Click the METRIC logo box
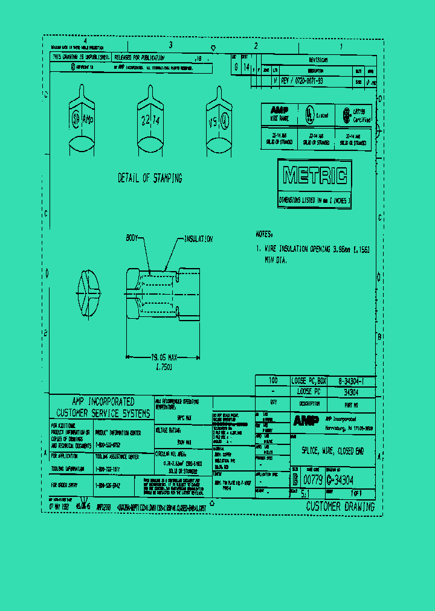(315, 176)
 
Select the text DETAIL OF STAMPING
(150, 179)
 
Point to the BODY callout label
(134, 238)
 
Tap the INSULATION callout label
(198, 239)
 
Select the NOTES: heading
(264, 234)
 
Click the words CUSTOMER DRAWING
(340, 507)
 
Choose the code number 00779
(312, 480)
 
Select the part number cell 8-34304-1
(351, 381)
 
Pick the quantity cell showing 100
(273, 381)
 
